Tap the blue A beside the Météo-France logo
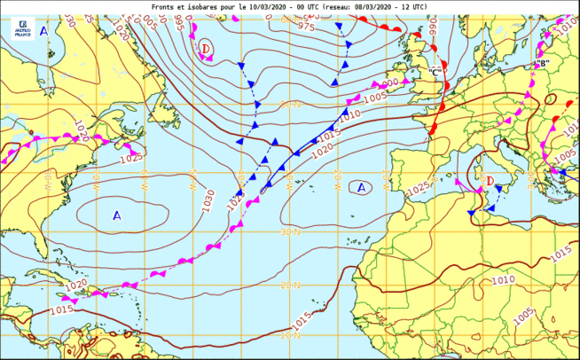[x=44, y=30]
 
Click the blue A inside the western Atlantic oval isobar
[x=116, y=215]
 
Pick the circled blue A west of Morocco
[x=360, y=187]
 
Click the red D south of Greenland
[x=206, y=48]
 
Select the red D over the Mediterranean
[x=489, y=183]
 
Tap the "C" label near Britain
[x=435, y=71]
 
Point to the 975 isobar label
[x=306, y=27]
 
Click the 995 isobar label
[x=180, y=20]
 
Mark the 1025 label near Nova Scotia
[x=131, y=157]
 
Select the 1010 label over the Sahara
[x=503, y=280]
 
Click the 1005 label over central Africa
[x=522, y=311]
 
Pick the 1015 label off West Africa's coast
[x=302, y=317]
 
